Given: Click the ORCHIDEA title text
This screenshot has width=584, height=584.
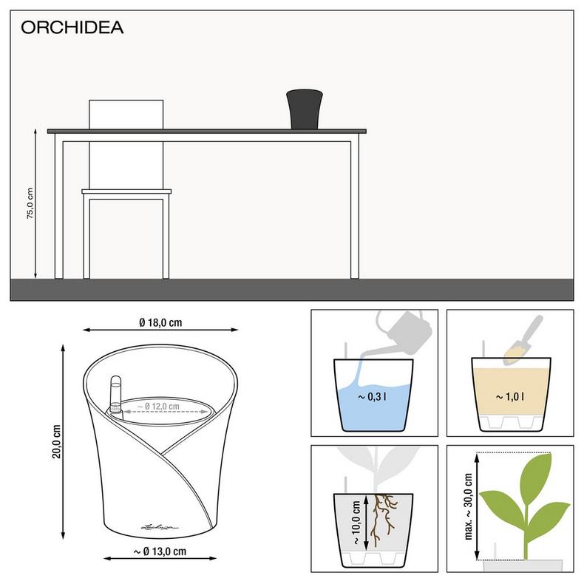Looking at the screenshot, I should pyautogui.click(x=72, y=28).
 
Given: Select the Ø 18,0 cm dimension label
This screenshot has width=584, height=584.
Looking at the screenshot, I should pyautogui.click(x=160, y=322).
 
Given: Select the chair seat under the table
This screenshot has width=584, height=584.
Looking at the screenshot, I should pyautogui.click(x=126, y=193).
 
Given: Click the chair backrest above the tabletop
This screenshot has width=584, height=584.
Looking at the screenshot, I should pyautogui.click(x=125, y=114).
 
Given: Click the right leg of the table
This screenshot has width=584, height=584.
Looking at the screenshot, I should pyautogui.click(x=356, y=207).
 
